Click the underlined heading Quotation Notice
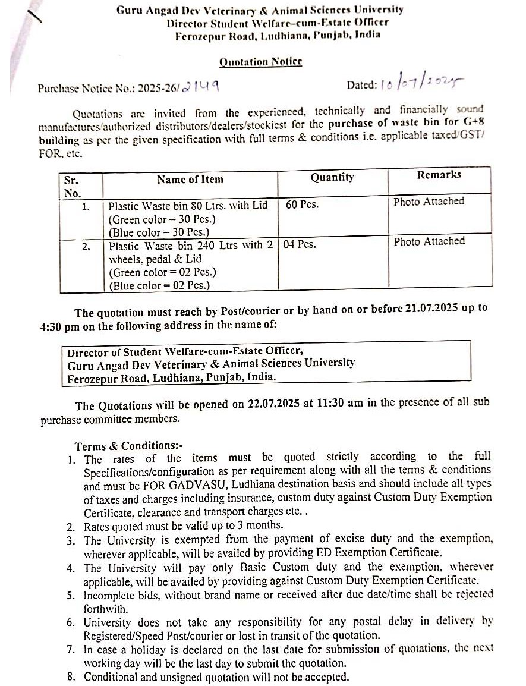(x=260, y=62)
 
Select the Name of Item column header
(x=190, y=179)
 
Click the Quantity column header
(x=332, y=177)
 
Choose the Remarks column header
(x=439, y=175)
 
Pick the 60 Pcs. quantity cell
(x=302, y=205)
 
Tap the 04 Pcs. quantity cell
(x=300, y=244)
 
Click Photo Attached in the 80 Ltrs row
(x=429, y=202)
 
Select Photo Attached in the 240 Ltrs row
(x=429, y=241)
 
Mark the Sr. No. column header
(x=72, y=186)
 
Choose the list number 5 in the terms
(x=71, y=595)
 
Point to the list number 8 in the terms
(x=71, y=677)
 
